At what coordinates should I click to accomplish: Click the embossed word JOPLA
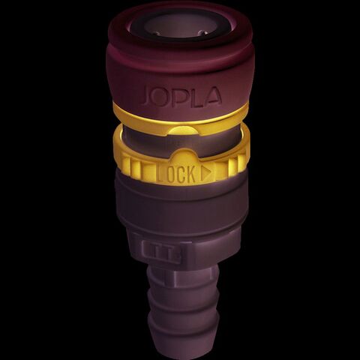tap(181, 95)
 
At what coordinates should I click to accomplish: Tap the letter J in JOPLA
tap(146, 96)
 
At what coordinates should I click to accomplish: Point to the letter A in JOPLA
tap(213, 94)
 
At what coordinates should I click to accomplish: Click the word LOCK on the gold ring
tap(175, 173)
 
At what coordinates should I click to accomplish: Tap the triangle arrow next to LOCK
tap(206, 172)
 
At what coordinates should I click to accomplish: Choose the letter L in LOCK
tap(160, 173)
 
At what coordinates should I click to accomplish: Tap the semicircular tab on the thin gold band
tap(181, 130)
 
